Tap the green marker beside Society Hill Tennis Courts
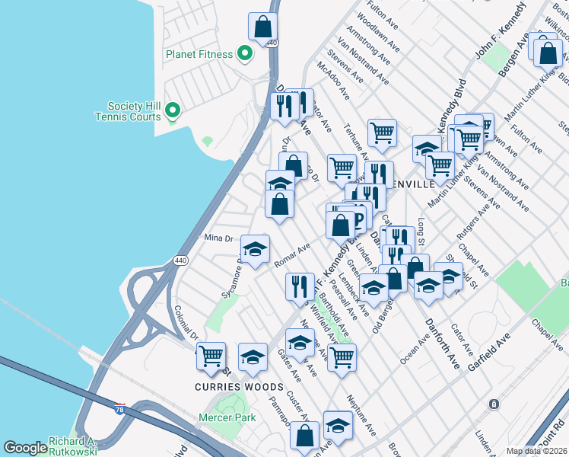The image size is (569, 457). pos(172,110)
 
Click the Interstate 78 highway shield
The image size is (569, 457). pos(120,410)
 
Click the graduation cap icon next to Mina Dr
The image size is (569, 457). pos(256,248)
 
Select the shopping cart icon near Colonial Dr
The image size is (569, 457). pos(211,355)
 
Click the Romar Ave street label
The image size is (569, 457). pos(292,256)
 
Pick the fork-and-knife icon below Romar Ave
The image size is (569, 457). pos(300,286)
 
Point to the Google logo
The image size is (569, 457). pos(25,448)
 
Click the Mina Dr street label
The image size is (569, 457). pos(218,238)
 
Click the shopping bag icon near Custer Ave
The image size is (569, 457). pos(305,436)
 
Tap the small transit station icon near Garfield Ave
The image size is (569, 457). pos(494,403)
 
